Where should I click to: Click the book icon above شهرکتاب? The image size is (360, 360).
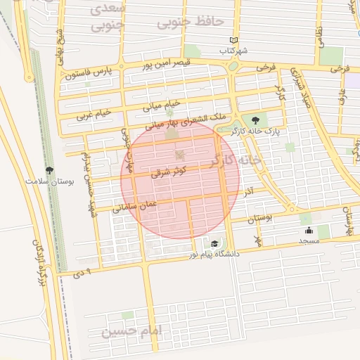coord(235,40)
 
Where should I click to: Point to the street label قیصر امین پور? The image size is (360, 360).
coord(148,65)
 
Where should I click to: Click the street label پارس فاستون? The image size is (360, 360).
coord(89,72)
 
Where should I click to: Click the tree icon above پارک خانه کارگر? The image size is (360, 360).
coord(255,120)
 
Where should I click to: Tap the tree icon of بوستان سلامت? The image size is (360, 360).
coord(49,169)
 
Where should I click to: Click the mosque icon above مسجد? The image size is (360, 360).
coord(309,230)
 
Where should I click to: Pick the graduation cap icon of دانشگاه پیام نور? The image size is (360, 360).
coord(214,243)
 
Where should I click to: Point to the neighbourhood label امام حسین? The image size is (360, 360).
coord(131,330)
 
